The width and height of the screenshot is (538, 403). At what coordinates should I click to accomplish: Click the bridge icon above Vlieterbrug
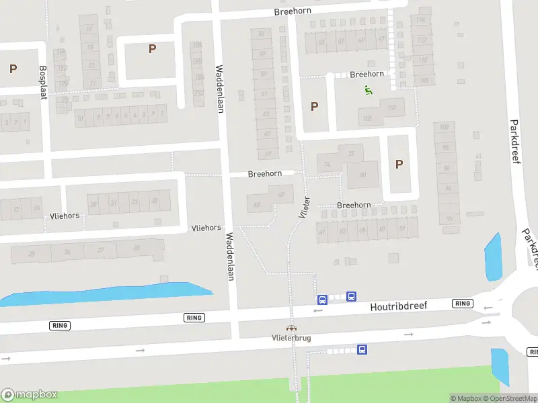tap(291, 328)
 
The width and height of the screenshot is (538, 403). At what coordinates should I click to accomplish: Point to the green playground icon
tap(368, 90)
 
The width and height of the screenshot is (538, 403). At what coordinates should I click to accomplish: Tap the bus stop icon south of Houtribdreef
tap(362, 349)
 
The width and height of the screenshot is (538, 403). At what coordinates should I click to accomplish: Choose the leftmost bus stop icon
tap(322, 300)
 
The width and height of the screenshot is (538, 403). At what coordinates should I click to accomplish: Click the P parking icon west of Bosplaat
tap(13, 69)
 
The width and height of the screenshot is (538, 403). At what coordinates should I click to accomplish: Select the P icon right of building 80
tap(399, 164)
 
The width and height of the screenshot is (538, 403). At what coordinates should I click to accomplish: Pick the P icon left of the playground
tap(314, 106)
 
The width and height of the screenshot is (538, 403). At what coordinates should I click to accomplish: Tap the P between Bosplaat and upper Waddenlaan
tap(152, 48)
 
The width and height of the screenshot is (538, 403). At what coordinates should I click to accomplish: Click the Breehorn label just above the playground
tap(367, 75)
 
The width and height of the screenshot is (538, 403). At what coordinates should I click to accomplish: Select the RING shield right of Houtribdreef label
tap(463, 304)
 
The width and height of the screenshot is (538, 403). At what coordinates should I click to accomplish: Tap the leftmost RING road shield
tap(60, 325)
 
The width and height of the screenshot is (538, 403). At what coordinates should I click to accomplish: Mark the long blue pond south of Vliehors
tap(108, 294)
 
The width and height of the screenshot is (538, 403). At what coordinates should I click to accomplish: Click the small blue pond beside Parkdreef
tap(493, 257)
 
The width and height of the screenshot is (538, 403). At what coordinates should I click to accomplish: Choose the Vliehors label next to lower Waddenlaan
tap(206, 228)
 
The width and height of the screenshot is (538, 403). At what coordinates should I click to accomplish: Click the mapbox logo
tap(30, 395)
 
